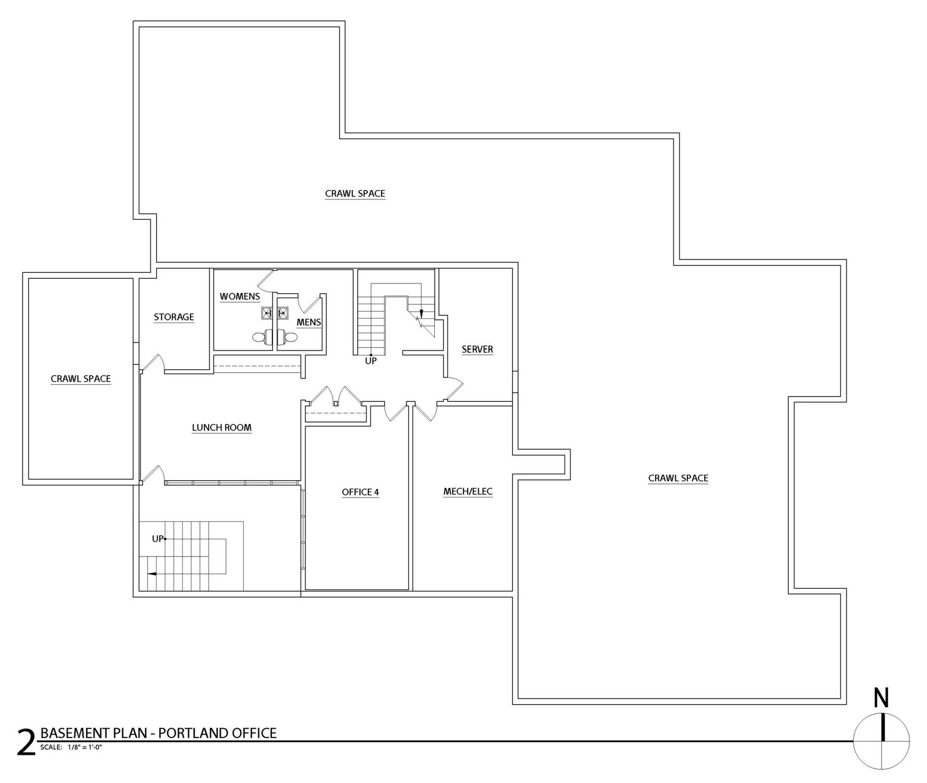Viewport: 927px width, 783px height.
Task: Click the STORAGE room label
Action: [174, 317]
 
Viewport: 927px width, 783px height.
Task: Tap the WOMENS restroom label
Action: [240, 296]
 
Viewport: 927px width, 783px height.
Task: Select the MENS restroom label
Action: [308, 322]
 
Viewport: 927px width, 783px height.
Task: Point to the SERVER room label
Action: [477, 349]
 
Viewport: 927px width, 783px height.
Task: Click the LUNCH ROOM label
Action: [222, 428]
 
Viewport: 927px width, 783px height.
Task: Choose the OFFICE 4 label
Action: [360, 492]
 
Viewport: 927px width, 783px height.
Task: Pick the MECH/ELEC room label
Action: [468, 491]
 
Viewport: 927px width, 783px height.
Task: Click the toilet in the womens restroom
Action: [263, 337]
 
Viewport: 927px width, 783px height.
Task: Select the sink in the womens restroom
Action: [267, 313]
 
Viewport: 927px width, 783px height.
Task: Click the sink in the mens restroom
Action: [283, 313]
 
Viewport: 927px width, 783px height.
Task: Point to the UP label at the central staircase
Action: [371, 361]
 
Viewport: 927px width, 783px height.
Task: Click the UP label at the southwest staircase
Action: [158, 539]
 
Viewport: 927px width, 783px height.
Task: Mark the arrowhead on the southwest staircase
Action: [151, 574]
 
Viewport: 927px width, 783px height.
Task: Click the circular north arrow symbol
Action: [882, 740]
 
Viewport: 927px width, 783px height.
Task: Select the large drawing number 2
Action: [26, 743]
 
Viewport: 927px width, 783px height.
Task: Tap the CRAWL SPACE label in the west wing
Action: [81, 378]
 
